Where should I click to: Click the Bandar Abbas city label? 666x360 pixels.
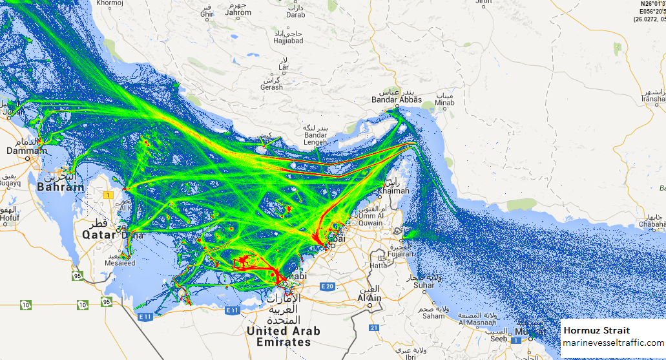397,100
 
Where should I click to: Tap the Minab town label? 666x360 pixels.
444,103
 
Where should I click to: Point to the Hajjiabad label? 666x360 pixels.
287,41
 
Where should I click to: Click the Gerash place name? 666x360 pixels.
271,87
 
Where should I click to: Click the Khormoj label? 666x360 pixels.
110,3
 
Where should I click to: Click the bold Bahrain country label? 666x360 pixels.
60,187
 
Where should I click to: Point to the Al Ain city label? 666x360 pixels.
369,299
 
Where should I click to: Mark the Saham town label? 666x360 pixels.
433,315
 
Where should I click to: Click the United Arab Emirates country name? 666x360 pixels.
284,336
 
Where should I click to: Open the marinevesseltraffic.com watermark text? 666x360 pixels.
612,343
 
